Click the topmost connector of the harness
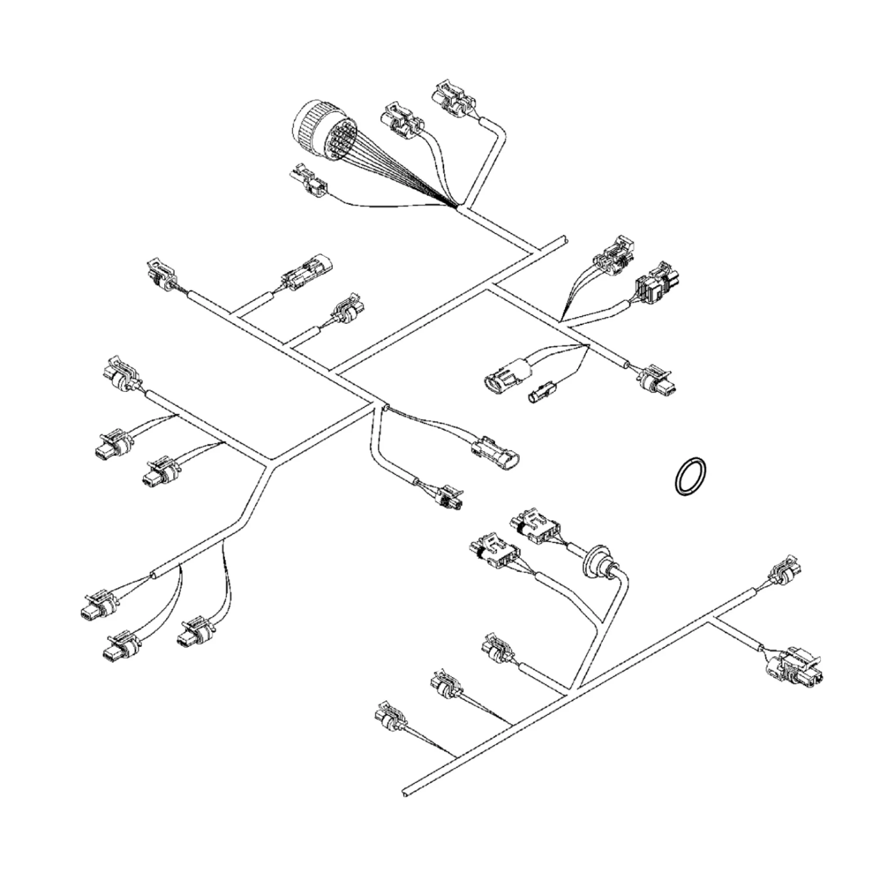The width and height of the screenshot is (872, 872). (x=453, y=100)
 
